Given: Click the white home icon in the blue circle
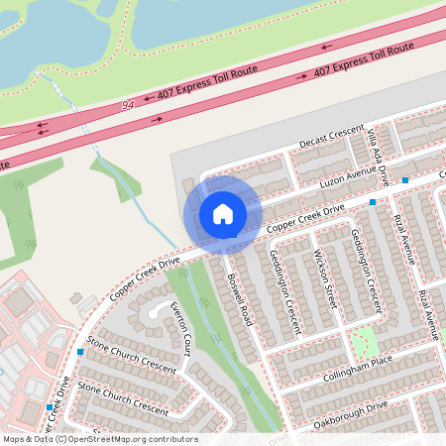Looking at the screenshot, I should tap(222, 213).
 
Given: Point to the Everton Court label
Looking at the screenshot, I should tap(180, 328).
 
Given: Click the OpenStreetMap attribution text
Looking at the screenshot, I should tap(100, 439).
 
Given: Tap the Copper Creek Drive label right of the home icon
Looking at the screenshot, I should tap(307, 220).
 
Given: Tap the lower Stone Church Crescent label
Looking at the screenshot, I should tap(123, 397).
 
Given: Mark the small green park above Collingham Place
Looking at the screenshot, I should tap(365, 342).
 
